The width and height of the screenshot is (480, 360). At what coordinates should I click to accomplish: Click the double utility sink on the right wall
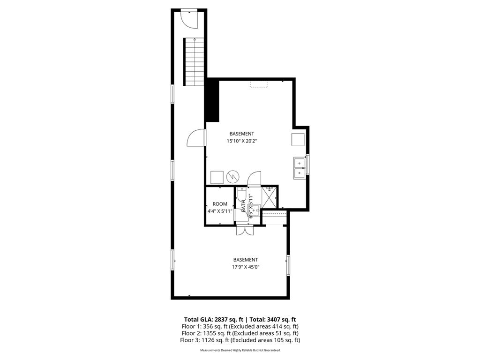coord(300,168)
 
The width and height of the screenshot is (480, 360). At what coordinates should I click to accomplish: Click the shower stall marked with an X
coord(270,197)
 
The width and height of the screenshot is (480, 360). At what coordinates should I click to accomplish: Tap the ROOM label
coord(220,204)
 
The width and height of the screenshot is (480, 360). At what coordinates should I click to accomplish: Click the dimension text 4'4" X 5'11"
coord(220,211)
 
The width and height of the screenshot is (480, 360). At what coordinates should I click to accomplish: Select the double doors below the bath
coord(245,231)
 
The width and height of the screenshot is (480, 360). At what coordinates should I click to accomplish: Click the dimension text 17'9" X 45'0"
coord(246,267)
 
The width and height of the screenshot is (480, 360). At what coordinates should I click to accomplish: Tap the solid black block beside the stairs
coord(212,100)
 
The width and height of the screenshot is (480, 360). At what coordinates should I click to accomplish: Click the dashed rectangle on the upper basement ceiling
coord(259,84)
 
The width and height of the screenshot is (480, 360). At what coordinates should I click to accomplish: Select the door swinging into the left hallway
coord(196,139)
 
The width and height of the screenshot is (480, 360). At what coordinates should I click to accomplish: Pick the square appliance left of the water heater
coord(217,177)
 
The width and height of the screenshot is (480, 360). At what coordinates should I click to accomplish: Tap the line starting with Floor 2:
coord(240,333)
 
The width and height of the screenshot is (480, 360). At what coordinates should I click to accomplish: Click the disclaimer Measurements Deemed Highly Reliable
coord(240,350)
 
